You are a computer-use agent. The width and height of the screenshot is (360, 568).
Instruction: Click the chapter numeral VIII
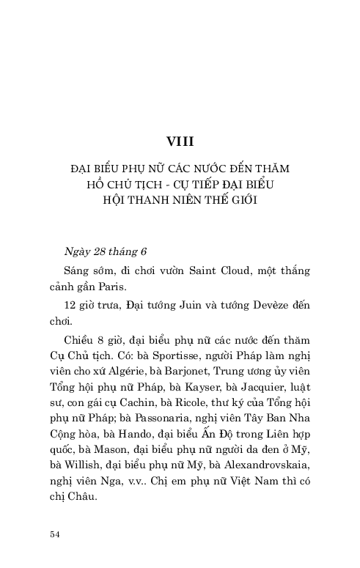[180, 140]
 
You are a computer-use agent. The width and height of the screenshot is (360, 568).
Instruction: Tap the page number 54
[54, 534]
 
